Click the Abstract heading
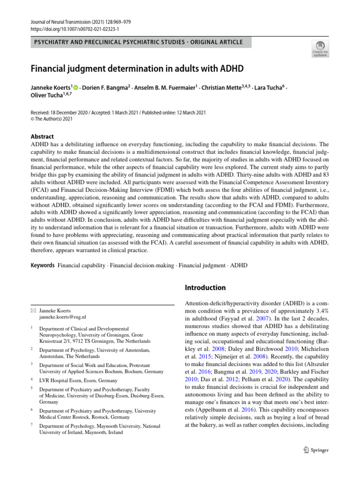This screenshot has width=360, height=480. [42, 137]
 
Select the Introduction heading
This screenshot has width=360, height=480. [205, 287]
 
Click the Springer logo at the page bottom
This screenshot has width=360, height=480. [313, 450]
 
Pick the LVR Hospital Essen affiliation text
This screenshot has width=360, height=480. [78, 380]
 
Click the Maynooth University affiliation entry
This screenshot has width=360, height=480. [99, 429]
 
